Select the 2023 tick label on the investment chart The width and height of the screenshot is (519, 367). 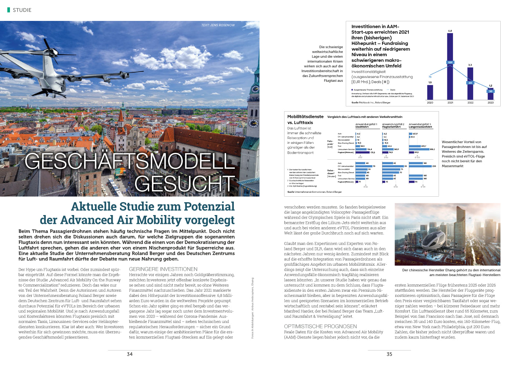pos(490,103)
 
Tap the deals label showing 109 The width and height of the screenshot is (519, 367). pos(450,62)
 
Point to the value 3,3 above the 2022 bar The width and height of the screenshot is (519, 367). pos(470,65)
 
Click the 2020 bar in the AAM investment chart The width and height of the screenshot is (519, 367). pos(430,92)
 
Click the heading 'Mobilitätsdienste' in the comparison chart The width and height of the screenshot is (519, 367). pos(305,117)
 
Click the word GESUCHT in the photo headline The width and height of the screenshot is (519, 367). pos(185,183)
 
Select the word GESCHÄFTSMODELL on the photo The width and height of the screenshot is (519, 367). pos(130,161)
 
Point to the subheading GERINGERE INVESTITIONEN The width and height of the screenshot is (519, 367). pos(163,269)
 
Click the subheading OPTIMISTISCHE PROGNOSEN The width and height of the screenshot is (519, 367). pos(320,326)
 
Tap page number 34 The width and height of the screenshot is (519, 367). pos(130,354)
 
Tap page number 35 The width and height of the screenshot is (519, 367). pos(389,354)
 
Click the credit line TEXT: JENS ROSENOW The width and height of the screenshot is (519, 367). pos(218,25)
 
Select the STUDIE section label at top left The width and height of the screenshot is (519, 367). pos(22,10)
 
